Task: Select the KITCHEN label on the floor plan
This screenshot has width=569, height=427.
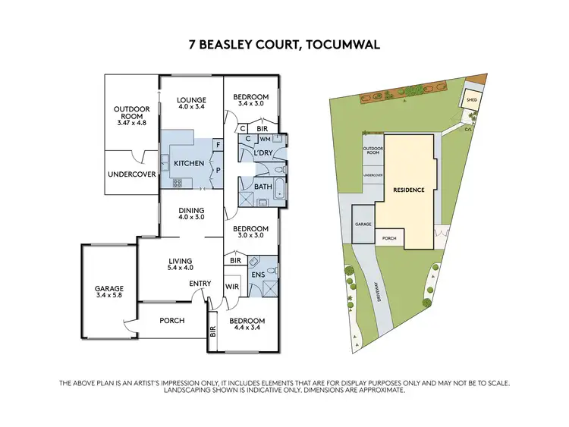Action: point(189,163)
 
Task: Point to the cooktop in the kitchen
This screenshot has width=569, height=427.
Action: point(178,182)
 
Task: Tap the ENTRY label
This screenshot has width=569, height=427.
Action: point(200,285)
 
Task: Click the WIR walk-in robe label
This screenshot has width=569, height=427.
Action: point(232,287)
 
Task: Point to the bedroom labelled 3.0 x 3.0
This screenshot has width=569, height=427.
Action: point(250,232)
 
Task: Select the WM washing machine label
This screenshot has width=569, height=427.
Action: point(265,140)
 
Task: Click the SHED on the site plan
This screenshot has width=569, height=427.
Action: point(471,99)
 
